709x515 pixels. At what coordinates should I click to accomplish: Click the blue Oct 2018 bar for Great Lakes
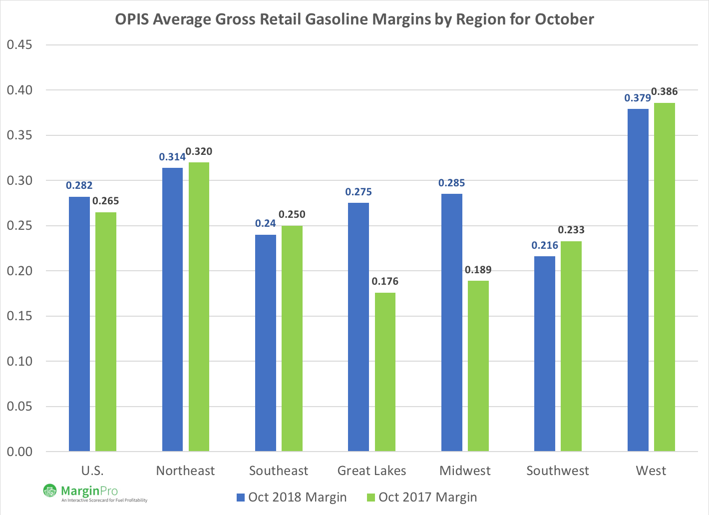point(358,327)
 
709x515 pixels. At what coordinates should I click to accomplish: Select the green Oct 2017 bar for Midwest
point(478,366)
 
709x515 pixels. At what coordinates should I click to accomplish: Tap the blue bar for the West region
point(638,280)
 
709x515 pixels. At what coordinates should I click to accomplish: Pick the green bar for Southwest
point(571,346)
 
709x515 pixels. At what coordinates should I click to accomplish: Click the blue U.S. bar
point(79,324)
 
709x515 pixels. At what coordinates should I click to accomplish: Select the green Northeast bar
point(199,307)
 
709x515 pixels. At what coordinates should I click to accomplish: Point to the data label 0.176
point(385,282)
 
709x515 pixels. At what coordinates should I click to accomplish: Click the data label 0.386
point(665,92)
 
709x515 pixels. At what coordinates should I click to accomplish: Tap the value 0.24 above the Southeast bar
point(265,224)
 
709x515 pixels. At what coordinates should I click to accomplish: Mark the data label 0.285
point(451,183)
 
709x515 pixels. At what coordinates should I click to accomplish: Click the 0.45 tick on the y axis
point(19,45)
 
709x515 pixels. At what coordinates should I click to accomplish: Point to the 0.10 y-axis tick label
point(19,361)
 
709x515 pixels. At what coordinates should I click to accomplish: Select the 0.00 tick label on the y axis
point(19,452)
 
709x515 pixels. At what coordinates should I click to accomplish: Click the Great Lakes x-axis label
point(371,471)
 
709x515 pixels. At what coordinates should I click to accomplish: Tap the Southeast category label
point(279,471)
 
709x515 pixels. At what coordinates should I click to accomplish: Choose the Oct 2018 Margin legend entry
point(291,498)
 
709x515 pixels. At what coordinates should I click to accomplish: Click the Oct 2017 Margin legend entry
point(422,498)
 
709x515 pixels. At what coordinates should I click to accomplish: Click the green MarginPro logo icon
point(50,491)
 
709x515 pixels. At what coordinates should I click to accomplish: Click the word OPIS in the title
point(132,19)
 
